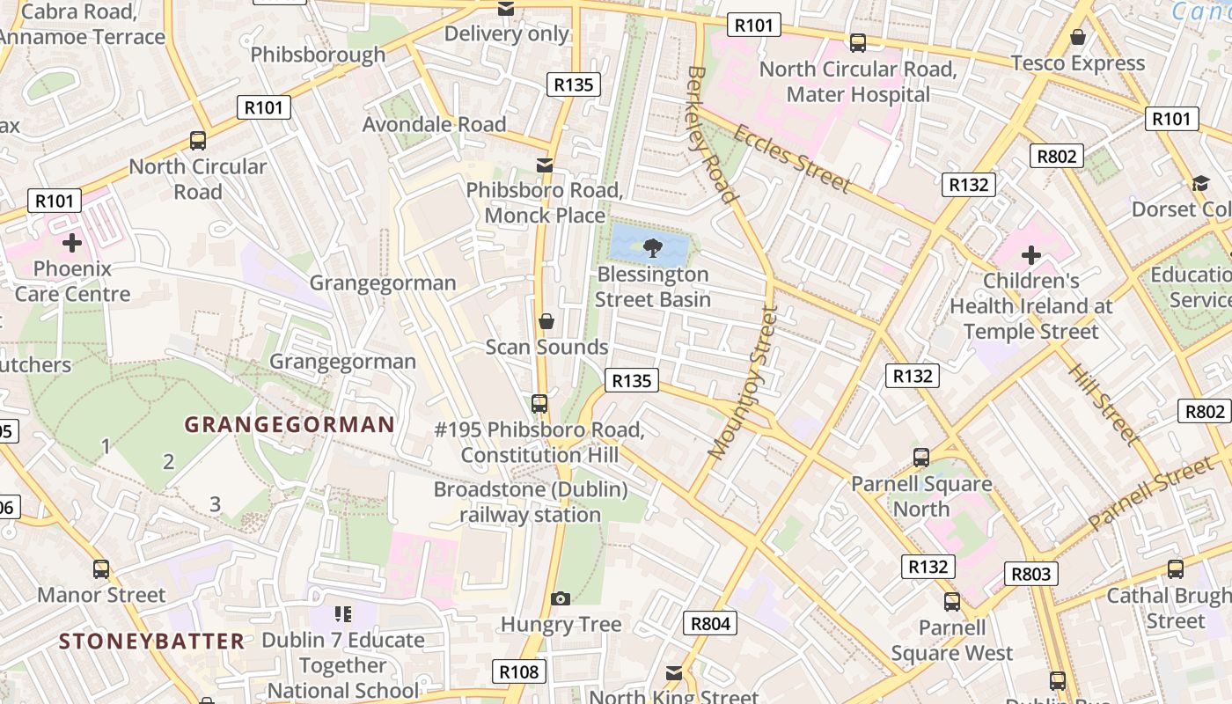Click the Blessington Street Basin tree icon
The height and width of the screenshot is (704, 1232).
[652, 247]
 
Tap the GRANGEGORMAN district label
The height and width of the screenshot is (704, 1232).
[290, 425]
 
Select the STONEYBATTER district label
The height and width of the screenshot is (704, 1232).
[151, 641]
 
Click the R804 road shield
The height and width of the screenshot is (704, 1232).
[710, 624]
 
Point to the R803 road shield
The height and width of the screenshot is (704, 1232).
[1031, 575]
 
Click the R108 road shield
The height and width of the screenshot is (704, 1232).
[518, 672]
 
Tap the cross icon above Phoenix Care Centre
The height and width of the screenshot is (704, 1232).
[72, 242]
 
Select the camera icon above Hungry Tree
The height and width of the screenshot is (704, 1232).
[560, 599]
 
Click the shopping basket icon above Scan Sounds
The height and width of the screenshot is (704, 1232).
[546, 320]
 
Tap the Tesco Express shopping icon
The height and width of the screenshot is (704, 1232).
[1077, 37]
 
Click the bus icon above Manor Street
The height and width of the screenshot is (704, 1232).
[101, 569]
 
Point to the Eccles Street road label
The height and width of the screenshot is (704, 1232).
[791, 159]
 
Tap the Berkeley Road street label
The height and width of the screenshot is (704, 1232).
[710, 134]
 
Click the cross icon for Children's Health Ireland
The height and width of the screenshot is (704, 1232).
[1030, 256]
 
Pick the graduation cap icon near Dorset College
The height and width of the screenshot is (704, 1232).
[1200, 183]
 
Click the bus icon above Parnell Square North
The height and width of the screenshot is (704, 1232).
[921, 458]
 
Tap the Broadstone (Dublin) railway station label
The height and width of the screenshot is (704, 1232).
[531, 502]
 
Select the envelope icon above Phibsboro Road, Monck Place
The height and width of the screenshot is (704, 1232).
[545, 165]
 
